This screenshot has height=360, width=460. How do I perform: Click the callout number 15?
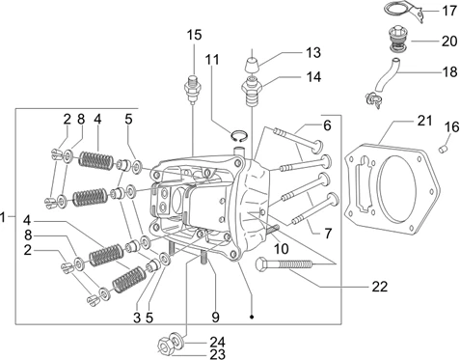[x=194, y=35]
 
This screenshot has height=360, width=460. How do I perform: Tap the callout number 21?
[x=424, y=121]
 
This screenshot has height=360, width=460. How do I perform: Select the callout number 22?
[x=380, y=287]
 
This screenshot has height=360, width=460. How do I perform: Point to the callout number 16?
[x=451, y=127]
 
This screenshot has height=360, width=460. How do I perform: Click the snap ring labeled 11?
[x=239, y=136]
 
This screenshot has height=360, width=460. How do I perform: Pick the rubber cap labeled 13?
[x=252, y=66]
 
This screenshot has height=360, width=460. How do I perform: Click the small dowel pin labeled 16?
[x=443, y=149]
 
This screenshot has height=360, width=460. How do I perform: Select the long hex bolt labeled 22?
[x=284, y=264]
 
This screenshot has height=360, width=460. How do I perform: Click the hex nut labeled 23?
[x=165, y=346]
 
